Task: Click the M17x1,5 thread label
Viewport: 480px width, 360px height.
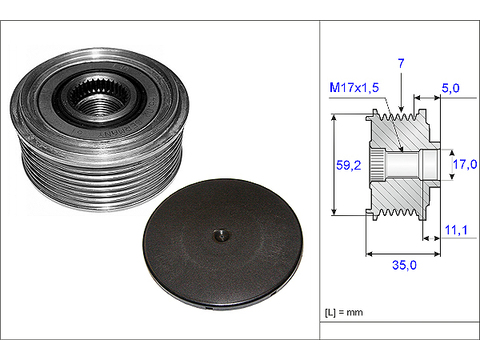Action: [354, 88]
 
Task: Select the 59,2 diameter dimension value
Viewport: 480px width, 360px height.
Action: [348, 165]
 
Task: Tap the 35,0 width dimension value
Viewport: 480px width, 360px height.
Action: [404, 265]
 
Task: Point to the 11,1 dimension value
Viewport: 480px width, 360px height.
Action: [456, 230]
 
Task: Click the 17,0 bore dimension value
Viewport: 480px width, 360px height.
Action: [465, 164]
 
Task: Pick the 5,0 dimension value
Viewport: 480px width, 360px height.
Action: [451, 88]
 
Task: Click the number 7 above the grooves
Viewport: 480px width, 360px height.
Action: [401, 63]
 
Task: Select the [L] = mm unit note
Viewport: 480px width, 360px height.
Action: [344, 312]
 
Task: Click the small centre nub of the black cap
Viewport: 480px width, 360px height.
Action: [221, 235]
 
